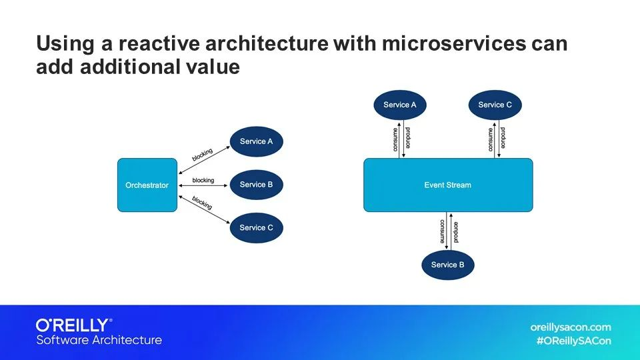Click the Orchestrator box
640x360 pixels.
point(147,185)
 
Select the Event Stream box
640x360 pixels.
point(447,185)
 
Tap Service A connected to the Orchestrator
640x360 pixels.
point(257,141)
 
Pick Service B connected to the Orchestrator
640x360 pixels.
point(257,185)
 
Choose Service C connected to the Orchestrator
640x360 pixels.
point(257,228)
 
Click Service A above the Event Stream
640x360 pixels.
point(400,105)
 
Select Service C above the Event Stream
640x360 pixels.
point(495,105)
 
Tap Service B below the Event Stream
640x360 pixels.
point(448,265)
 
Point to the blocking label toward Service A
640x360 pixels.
point(202,155)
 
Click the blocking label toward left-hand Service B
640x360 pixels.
point(203,181)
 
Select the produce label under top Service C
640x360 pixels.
point(503,139)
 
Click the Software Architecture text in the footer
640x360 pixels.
point(99,340)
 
